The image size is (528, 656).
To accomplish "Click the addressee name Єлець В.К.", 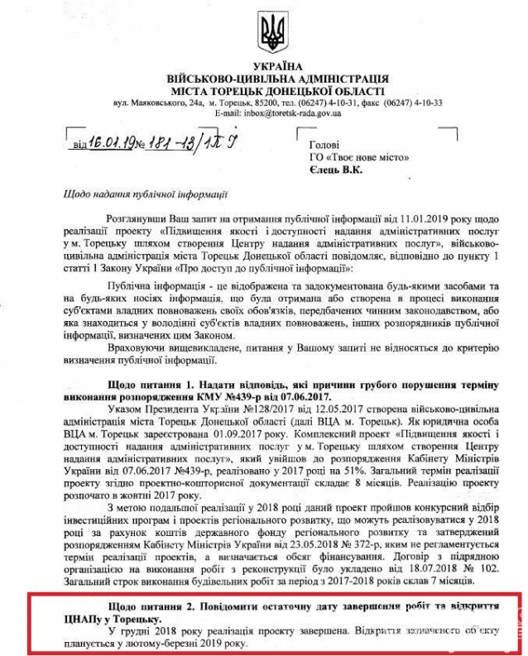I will point(334,170).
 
